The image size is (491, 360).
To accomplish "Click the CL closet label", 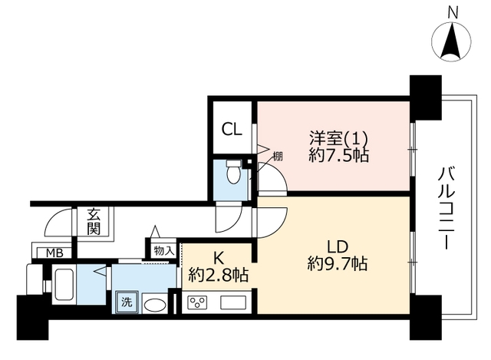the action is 232,129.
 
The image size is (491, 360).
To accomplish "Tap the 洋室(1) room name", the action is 338,138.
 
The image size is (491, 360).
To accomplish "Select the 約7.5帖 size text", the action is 338,155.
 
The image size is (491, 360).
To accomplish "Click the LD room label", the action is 338,246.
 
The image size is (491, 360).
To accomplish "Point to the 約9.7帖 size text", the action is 338,263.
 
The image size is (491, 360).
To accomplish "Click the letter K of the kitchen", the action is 218,259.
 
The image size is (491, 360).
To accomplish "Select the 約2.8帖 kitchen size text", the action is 218,275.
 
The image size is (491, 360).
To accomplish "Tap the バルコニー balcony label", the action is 443,208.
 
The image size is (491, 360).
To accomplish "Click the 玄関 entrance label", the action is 94,222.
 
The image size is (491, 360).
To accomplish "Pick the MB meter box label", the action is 54,253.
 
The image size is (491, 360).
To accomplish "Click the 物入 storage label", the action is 163,251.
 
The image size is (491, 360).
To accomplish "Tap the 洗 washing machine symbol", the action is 127,302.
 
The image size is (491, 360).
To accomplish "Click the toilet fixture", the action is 233,171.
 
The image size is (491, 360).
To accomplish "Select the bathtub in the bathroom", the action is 64,285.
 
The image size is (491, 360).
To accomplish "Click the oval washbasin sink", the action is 155,306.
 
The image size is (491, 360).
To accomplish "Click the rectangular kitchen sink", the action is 233,302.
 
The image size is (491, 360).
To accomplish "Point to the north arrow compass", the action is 451,41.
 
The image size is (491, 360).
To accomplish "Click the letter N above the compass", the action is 452,13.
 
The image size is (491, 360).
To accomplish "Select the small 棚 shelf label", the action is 278,156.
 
